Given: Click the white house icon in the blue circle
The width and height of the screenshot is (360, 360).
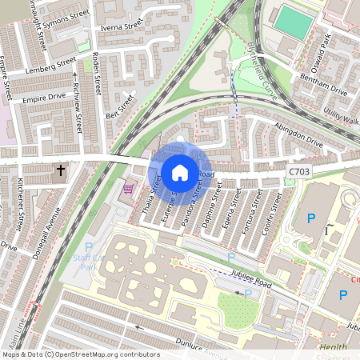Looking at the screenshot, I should (x=180, y=172).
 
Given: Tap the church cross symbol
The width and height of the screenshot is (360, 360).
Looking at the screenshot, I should (x=61, y=170).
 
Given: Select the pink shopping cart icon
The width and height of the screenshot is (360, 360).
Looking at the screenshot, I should (x=128, y=190).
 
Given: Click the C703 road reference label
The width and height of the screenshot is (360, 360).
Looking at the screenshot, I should (x=300, y=170).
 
